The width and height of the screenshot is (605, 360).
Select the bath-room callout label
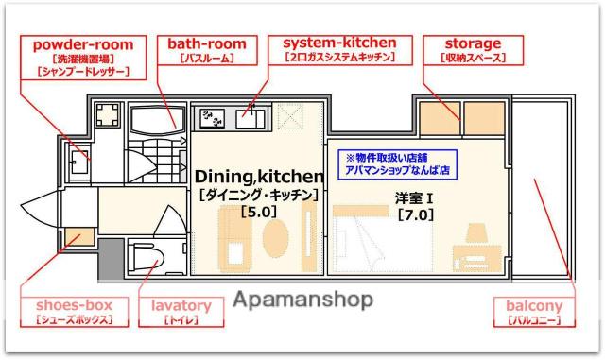click(207, 50)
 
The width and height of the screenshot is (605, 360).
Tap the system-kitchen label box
click(339, 49)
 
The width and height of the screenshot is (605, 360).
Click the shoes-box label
click(75, 311)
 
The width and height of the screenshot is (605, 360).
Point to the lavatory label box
click(181, 311)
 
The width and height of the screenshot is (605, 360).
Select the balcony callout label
click(534, 312)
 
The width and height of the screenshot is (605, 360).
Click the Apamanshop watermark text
click(302, 300)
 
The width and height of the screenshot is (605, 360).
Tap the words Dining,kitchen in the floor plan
click(259, 176)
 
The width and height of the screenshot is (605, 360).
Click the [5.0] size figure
click(259, 212)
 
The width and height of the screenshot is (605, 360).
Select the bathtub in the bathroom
click(155, 120)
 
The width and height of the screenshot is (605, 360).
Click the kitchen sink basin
click(251, 119)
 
